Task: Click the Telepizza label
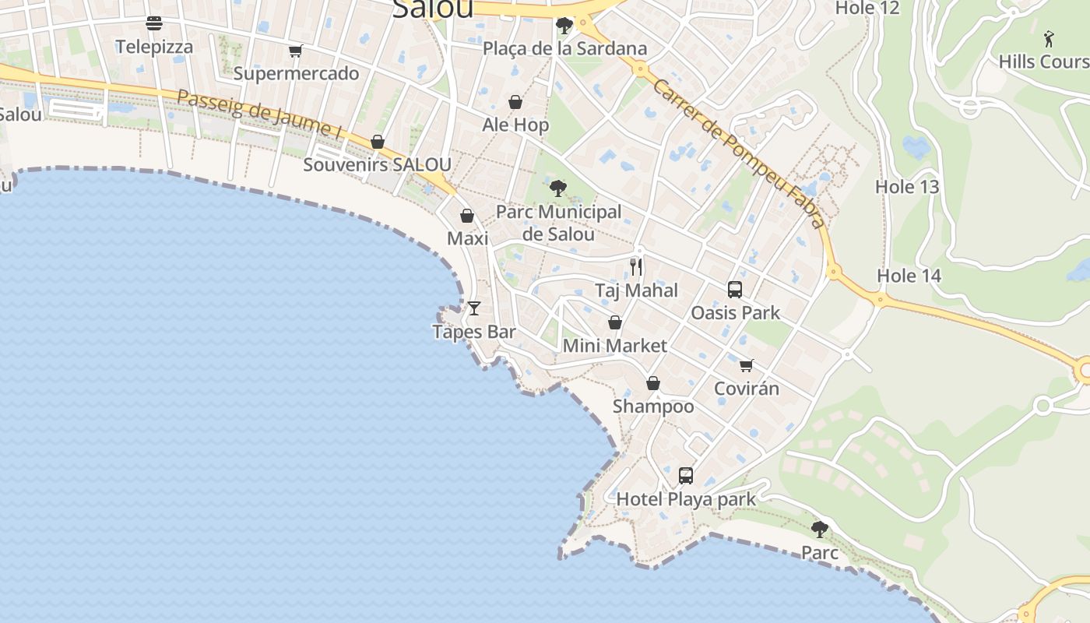tap(154, 47)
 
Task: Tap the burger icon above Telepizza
tap(154, 23)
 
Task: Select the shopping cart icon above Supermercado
tap(295, 51)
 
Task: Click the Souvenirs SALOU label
tap(377, 165)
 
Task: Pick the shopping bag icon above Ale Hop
tap(515, 102)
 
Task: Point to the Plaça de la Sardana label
tap(564, 49)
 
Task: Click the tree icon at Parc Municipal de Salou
tap(557, 188)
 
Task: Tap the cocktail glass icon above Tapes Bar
tap(473, 308)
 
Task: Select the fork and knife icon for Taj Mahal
tap(636, 267)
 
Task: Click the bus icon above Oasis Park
tap(734, 290)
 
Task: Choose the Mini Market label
tap(614, 346)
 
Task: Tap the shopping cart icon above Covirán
tap(746, 365)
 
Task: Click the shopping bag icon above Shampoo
tap(653, 383)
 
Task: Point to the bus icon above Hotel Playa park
tap(685, 475)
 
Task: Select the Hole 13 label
tap(907, 187)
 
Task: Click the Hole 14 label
tap(909, 276)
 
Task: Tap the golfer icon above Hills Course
tap(1049, 38)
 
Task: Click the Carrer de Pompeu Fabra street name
tap(738, 153)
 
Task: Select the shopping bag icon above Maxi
tap(467, 216)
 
